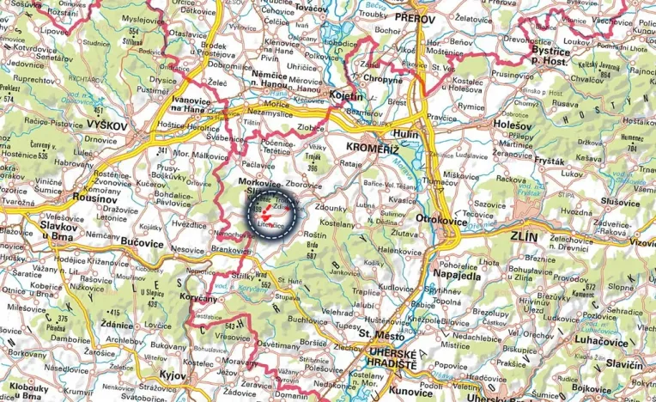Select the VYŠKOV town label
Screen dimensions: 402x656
point(106,125)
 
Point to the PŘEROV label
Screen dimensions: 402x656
point(418,16)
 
